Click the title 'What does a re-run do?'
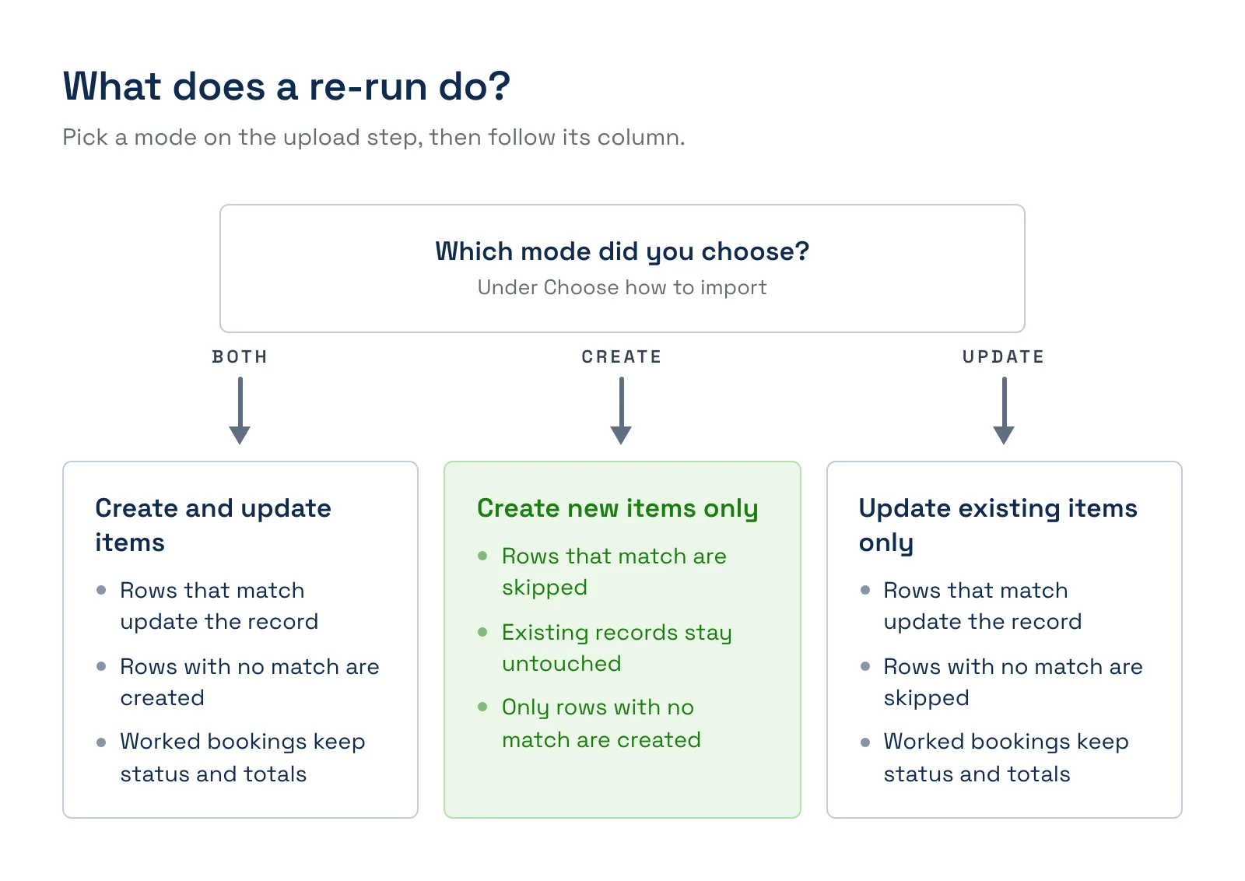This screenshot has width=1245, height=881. [286, 86]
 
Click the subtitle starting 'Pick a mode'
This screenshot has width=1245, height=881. [373, 137]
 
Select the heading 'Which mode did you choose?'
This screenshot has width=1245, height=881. [622, 252]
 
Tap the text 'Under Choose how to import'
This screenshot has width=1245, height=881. [622, 287]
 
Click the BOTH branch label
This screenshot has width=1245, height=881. [240, 357]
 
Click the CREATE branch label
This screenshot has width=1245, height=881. [622, 357]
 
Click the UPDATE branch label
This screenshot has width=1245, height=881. [1004, 357]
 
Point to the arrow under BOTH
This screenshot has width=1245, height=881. [240, 411]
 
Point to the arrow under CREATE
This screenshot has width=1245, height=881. [622, 411]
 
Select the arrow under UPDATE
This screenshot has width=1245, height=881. [1005, 411]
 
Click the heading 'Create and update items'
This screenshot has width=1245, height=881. [213, 525]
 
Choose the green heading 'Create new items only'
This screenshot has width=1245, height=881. [618, 508]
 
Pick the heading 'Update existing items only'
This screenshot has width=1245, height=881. [998, 525]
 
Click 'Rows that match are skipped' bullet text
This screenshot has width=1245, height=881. [614, 571]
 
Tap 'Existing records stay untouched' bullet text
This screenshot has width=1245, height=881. [617, 648]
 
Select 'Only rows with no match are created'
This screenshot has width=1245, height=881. [601, 724]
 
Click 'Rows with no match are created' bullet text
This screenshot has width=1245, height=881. [250, 682]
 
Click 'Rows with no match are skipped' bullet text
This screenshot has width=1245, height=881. [1013, 682]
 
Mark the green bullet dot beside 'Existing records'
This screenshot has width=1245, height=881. [482, 632]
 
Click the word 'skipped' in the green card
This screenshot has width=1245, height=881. [545, 588]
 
